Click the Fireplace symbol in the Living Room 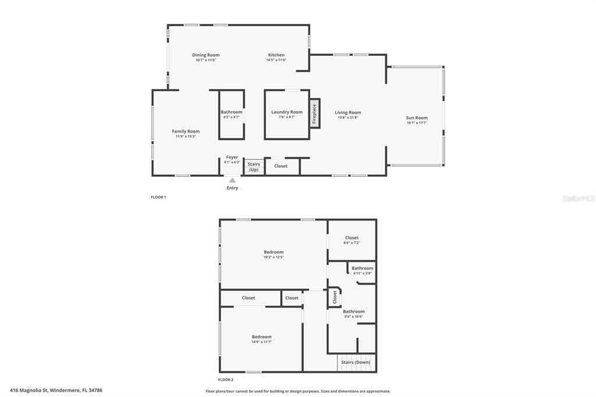(x=314, y=113)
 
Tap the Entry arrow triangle (x=232, y=180)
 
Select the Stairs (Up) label (x=254, y=167)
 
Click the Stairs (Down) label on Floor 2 (x=356, y=362)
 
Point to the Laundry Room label (x=287, y=112)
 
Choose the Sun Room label (x=417, y=118)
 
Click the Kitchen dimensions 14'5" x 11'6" (x=276, y=60)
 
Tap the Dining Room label (x=206, y=55)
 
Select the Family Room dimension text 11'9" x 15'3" (x=186, y=136)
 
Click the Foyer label (x=232, y=157)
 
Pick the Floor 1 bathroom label (x=231, y=112)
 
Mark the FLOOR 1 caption (x=158, y=197)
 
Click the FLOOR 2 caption (x=226, y=380)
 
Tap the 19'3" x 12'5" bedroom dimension (x=274, y=257)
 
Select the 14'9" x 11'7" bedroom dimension (x=261, y=342)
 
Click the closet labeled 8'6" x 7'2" (x=352, y=242)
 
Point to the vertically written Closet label (x=335, y=297)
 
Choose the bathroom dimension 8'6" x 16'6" (x=353, y=317)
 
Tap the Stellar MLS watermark (x=578, y=198)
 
